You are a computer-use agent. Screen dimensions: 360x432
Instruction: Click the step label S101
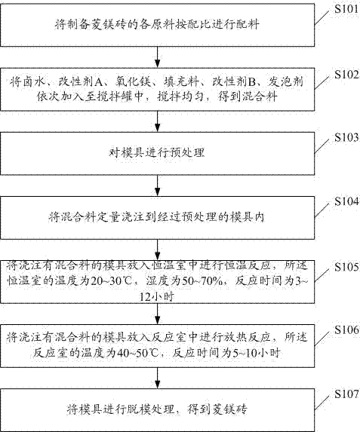pos(346,9)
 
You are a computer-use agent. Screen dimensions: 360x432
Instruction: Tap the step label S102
pos(346,75)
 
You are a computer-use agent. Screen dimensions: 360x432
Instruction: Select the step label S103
pos(346,137)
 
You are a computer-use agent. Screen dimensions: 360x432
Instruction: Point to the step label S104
pos(346,201)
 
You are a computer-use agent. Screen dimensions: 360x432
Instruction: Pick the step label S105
pos(346,267)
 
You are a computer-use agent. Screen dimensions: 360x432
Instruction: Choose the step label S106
pos(346,329)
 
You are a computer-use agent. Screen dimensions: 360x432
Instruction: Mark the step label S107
pos(346,394)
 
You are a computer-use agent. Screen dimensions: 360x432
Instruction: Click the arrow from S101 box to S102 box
pos(157,57)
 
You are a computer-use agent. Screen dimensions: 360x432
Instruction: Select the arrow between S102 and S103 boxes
pos(157,121)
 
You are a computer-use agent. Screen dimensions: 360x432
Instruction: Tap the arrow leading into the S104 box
pos(157,185)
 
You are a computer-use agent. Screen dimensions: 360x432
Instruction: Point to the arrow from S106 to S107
pos(157,378)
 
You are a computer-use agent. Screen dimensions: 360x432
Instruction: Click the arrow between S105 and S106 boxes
pos(157,314)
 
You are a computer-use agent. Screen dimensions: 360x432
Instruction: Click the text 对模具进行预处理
pos(157,152)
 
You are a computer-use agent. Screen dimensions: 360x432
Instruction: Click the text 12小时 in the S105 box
pos(157,297)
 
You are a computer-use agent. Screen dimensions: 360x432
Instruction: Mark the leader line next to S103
pos(322,146)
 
